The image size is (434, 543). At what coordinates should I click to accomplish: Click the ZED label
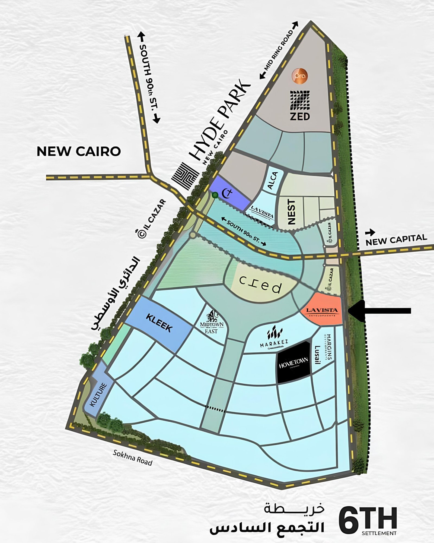pos(300,116)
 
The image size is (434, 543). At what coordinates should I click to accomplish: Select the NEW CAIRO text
pos(79,151)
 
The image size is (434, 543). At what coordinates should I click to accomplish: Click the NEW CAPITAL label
pos(396,239)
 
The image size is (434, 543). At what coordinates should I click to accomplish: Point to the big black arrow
pos(380,311)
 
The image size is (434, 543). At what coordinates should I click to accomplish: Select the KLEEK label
pos(159,323)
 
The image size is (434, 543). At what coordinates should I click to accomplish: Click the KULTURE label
pos(98,395)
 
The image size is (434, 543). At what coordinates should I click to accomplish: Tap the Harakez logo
pos(274,336)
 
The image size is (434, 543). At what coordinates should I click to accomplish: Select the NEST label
pos(291,212)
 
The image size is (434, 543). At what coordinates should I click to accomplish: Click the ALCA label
pos(273,180)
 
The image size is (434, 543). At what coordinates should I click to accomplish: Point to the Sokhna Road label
pos(133,457)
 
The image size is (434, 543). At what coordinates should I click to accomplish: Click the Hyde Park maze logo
pos(185,176)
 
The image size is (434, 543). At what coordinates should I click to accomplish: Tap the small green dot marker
pos(215,195)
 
